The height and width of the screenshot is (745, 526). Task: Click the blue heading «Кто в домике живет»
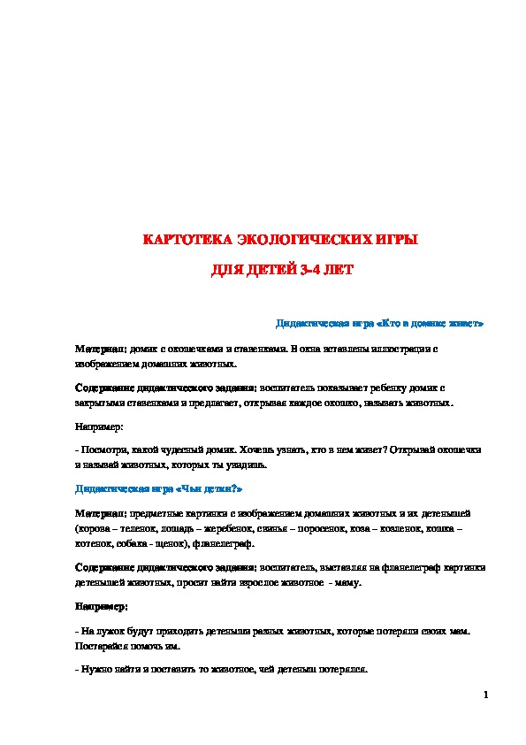(x=380, y=323)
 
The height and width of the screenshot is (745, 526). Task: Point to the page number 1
(x=486, y=695)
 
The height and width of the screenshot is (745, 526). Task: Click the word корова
(x=92, y=526)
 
